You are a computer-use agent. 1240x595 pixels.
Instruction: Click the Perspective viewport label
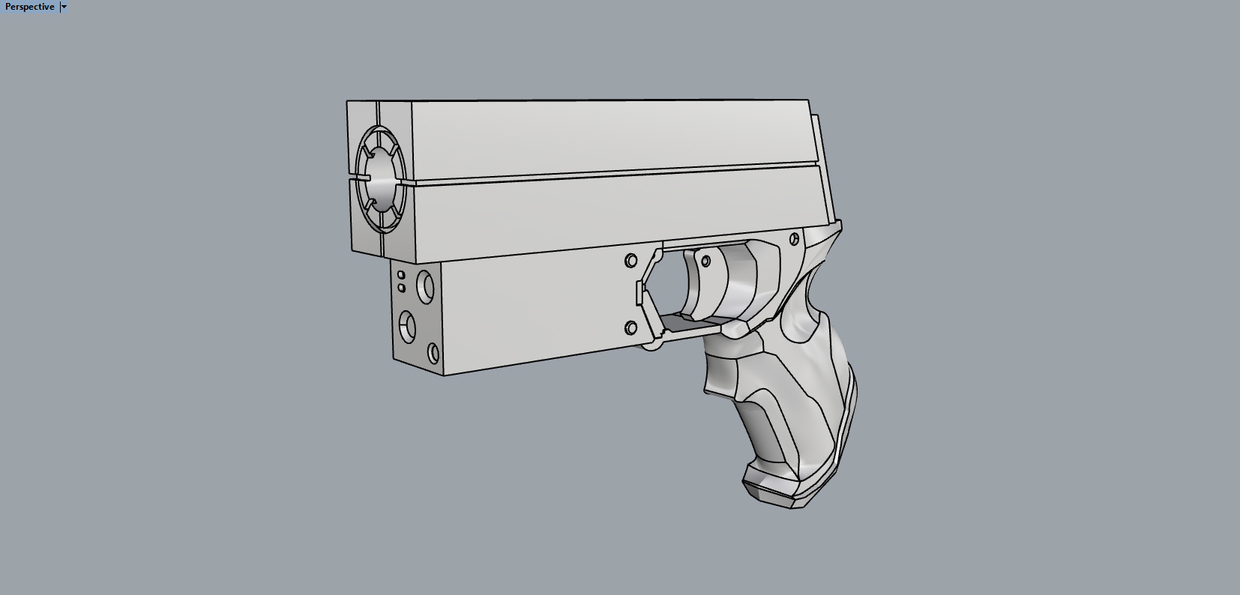tap(30, 7)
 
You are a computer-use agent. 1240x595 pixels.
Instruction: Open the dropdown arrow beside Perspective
tap(64, 7)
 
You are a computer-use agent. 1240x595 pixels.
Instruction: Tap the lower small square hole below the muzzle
tap(402, 288)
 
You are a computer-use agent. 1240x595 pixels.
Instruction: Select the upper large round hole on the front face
tap(426, 286)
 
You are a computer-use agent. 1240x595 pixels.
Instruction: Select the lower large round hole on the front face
tap(407, 325)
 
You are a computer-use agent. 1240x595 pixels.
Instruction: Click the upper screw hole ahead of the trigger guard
tap(631, 261)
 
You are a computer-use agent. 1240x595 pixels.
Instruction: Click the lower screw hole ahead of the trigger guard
tap(631, 327)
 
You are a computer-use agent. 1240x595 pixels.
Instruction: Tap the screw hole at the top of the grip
tap(795, 239)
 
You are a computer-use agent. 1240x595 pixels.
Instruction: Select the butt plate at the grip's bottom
tap(780, 491)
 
